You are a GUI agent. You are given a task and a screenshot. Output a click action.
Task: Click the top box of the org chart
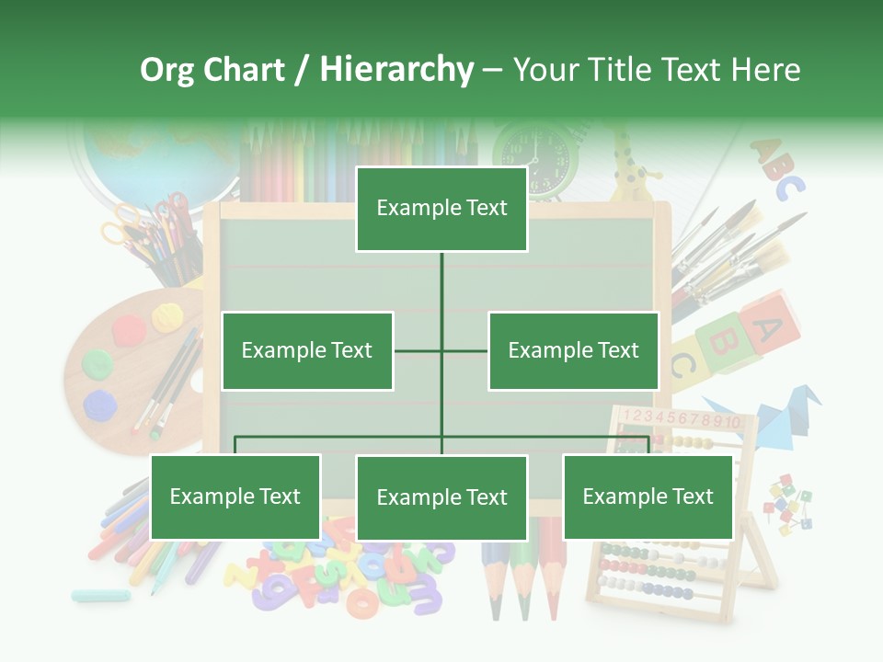(441, 209)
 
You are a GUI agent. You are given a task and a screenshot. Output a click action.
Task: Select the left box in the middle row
(307, 350)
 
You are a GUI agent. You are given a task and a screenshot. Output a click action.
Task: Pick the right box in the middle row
(573, 350)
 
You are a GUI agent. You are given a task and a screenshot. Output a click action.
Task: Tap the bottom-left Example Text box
(235, 496)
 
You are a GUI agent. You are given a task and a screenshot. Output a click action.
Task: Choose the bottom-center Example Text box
(441, 497)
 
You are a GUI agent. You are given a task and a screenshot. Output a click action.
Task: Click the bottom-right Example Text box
(648, 496)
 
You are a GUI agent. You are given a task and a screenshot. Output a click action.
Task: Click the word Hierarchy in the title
(396, 70)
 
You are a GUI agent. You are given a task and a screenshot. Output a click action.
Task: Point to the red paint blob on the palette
(128, 326)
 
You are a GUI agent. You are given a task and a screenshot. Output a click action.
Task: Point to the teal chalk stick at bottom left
(100, 595)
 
